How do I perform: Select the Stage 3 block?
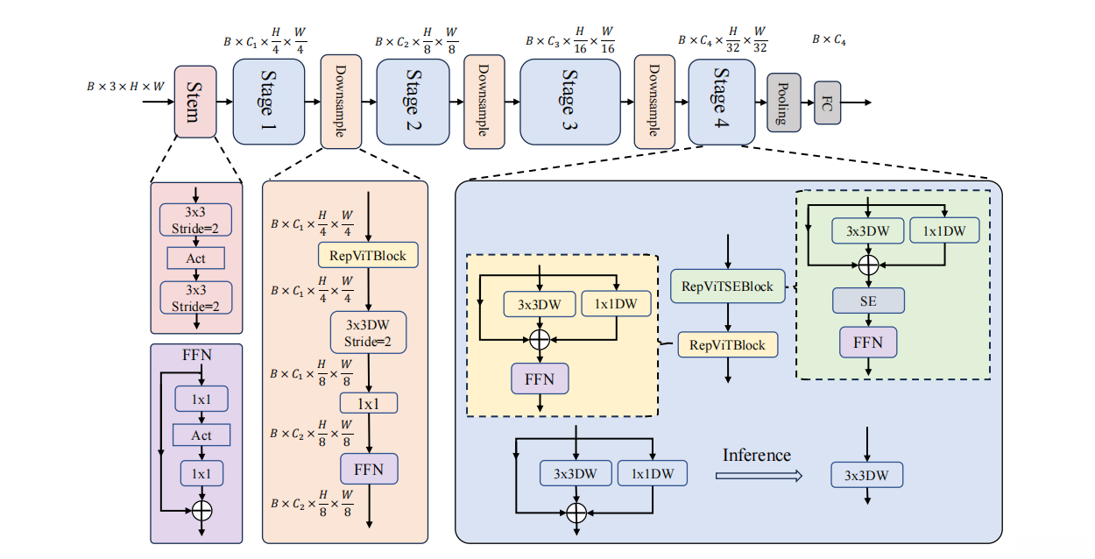coord(569,102)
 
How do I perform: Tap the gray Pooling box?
coord(783,103)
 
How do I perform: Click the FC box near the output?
coord(827,103)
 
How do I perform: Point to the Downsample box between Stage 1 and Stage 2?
coord(340,102)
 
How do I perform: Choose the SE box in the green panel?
coord(868,301)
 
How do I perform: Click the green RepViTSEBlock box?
coord(727,287)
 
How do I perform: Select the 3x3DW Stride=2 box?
coord(369,333)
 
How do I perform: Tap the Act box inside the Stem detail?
coord(195,258)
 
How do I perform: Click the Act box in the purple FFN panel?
coord(201,435)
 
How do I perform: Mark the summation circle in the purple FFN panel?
coord(201,508)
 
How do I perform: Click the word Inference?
coord(757,456)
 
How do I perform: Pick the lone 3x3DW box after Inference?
coord(866,476)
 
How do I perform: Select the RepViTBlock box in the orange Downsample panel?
coord(368,255)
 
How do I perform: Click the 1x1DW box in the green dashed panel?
coord(945,231)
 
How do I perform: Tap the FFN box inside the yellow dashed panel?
coord(540,379)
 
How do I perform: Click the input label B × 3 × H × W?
coord(125,87)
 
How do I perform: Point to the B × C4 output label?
coord(829,39)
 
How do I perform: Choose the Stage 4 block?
coord(722,102)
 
